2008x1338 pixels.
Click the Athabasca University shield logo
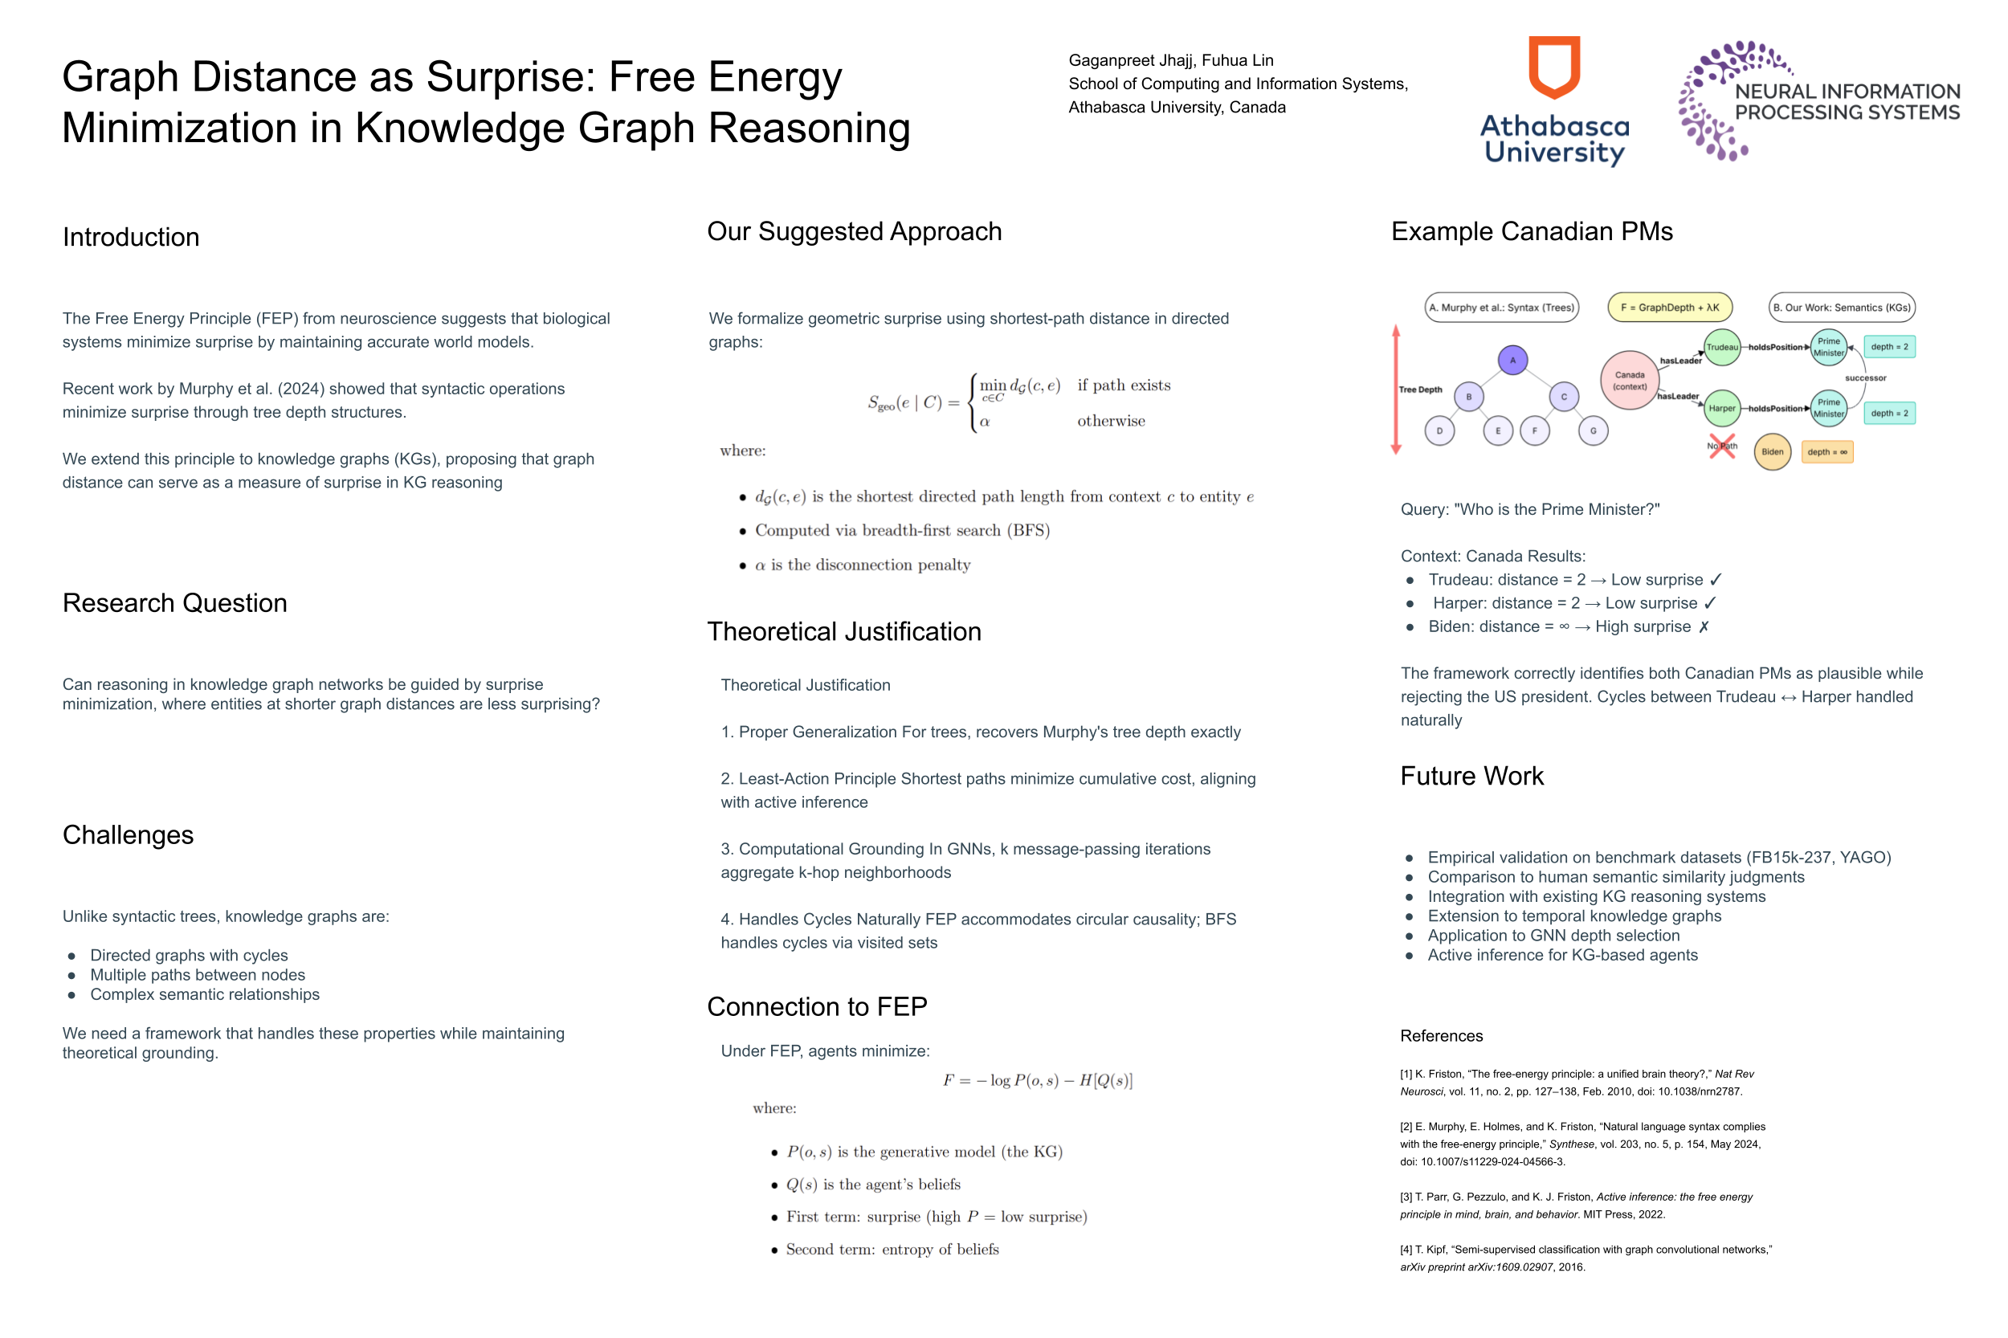[1553, 67]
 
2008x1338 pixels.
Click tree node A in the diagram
[1512, 360]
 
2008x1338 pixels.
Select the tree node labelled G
[1593, 431]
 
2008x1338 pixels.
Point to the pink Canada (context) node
[1629, 381]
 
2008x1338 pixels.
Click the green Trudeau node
[1721, 347]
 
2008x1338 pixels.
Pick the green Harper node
[1721, 408]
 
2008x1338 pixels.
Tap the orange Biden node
[1772, 451]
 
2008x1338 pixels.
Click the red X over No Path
[1722, 447]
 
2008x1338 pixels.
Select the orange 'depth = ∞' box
[1826, 451]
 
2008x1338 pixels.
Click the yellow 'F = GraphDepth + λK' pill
[1669, 307]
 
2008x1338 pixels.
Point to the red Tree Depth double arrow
[1396, 389]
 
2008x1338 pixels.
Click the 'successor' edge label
[1865, 378]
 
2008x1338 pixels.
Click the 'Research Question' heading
[174, 603]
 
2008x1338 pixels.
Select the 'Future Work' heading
[1471, 776]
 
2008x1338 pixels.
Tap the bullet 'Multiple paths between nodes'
[197, 974]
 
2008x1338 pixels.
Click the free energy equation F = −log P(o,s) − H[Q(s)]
[1037, 1080]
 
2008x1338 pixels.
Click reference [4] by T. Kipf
[1585, 1258]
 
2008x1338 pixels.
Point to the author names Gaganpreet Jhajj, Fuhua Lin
[1170, 60]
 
